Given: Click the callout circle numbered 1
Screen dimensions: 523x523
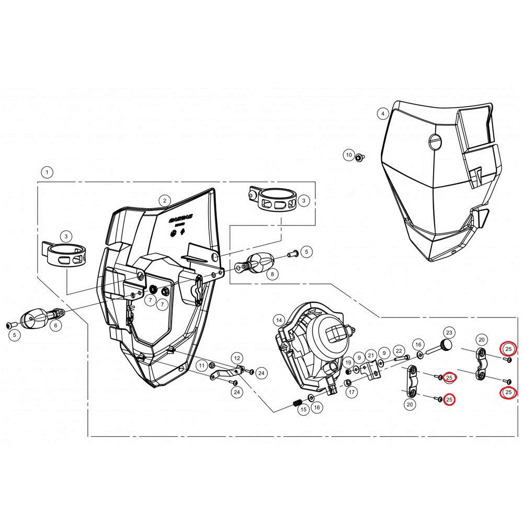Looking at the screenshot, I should [47, 172].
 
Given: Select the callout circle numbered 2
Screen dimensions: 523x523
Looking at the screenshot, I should [164, 200].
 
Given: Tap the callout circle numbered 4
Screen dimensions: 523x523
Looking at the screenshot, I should [383, 113].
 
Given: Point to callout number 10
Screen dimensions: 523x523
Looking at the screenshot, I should [348, 155].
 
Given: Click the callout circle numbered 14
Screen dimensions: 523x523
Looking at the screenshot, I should [279, 320].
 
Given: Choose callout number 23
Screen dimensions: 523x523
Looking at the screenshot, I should [449, 333].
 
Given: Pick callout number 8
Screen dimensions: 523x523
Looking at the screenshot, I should [271, 274].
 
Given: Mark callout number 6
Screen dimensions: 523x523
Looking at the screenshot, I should [56, 325].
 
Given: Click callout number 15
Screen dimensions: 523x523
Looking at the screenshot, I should [303, 410].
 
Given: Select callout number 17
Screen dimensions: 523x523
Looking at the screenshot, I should [351, 392].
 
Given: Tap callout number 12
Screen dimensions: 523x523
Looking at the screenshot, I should [237, 358].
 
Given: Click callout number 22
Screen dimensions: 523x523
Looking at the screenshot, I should [398, 351].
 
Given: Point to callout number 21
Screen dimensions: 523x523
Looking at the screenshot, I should [370, 355].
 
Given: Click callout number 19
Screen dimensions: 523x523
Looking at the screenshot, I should [348, 362].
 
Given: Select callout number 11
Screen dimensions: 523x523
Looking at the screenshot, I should [202, 365].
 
